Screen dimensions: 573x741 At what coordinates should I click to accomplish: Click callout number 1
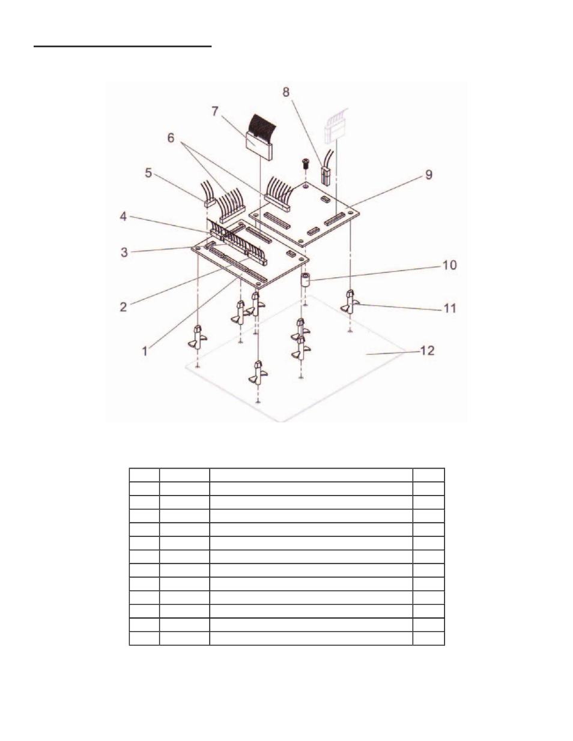coord(145,351)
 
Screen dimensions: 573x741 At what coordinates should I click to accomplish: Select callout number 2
coord(123,307)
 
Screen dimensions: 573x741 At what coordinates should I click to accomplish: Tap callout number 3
coord(124,253)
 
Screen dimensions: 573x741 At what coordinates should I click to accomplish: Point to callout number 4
coord(123,217)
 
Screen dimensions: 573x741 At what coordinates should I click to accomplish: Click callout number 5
coord(148,173)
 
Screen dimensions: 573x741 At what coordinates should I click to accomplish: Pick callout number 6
coord(171,138)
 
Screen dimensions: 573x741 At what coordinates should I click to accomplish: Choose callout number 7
coord(214,111)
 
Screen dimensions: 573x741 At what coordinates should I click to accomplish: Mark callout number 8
coord(286,92)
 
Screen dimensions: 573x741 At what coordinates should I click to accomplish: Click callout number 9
coord(429,175)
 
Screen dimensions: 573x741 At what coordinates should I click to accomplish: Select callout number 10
coord(449,265)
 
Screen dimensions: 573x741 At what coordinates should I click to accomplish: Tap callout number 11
coord(450,308)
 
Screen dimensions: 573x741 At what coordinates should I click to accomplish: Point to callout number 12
coord(427,351)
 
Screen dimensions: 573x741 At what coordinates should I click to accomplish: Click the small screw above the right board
coord(306,164)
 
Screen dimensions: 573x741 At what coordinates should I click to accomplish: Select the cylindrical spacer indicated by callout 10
coord(305,280)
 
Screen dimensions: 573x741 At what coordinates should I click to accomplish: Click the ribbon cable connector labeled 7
coord(259,137)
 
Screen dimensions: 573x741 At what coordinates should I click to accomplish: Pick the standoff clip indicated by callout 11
coord(350,302)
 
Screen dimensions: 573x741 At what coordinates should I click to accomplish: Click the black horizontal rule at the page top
coord(123,46)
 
